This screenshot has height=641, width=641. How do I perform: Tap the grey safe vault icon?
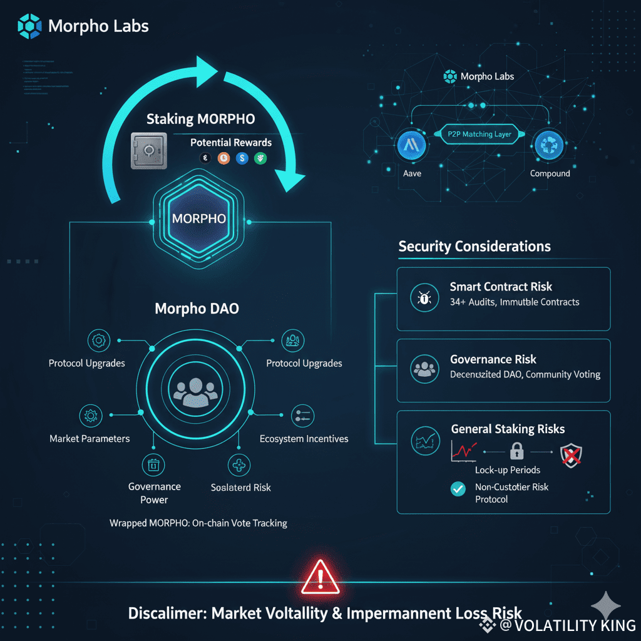(148, 151)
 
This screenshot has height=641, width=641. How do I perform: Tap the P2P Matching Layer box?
(479, 134)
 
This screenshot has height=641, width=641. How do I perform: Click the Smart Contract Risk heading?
(501, 287)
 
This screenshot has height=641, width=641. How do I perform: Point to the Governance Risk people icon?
(424, 369)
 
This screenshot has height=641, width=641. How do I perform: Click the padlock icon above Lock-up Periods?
(516, 450)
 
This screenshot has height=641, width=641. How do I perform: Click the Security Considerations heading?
(474, 246)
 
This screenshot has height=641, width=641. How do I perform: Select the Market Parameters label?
(90, 438)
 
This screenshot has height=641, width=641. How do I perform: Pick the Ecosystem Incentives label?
(304, 439)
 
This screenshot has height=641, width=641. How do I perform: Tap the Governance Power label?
(154, 493)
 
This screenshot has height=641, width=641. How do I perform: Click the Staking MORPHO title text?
(200, 119)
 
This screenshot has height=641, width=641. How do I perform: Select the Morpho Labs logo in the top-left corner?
(31, 26)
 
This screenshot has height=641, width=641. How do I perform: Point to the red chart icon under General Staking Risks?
(464, 450)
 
